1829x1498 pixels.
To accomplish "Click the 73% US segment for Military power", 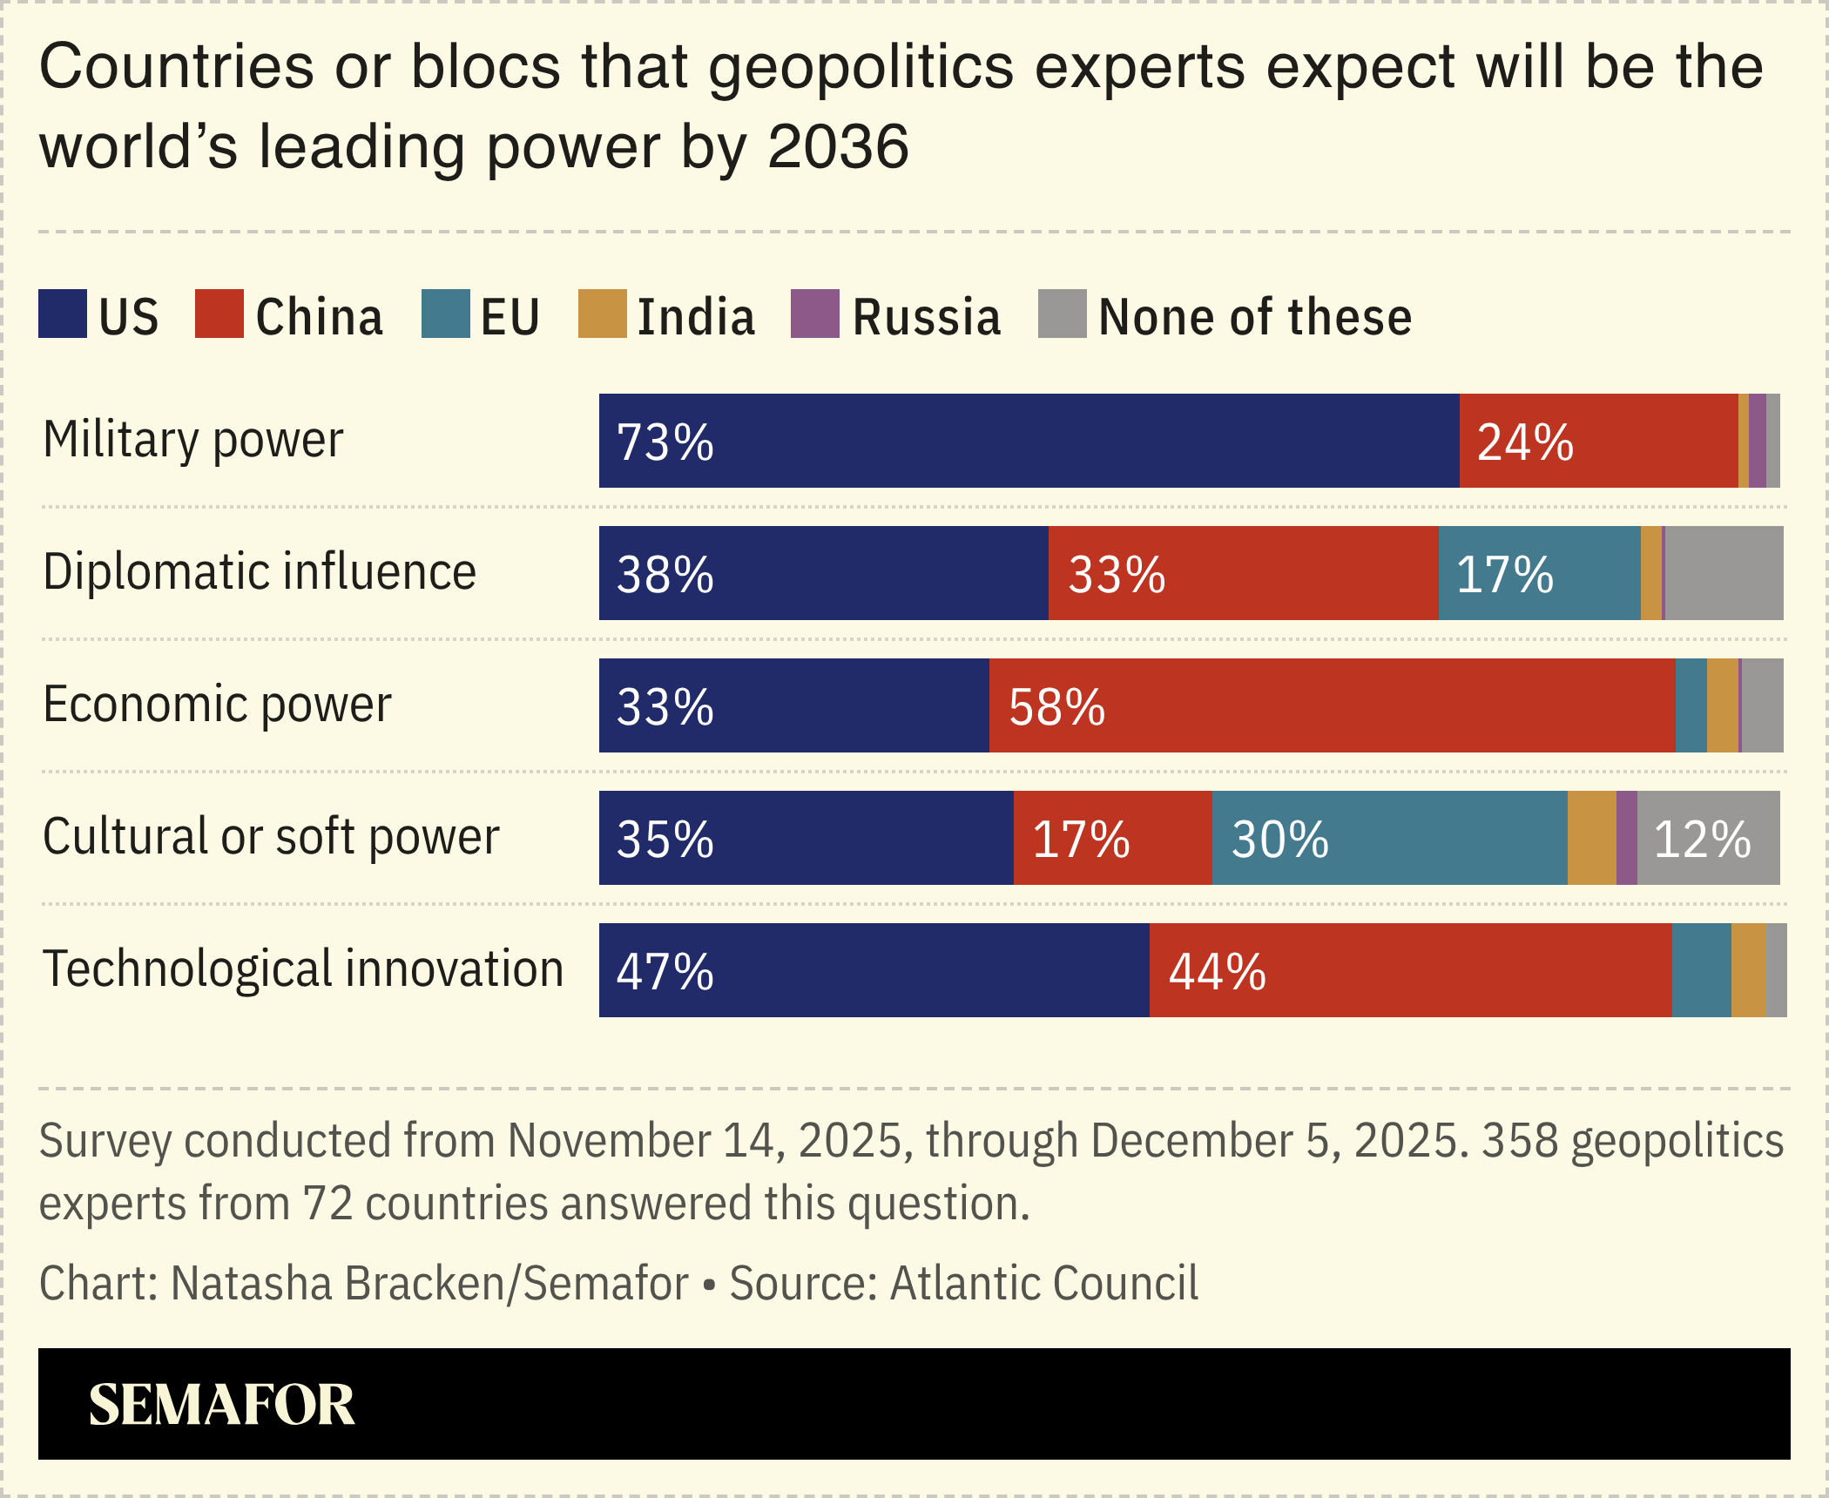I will click(1028, 441).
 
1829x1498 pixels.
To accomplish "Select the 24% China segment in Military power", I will click(1598, 441).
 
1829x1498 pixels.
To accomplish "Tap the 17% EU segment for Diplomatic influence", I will click(1539, 573).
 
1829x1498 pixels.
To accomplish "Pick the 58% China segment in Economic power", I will click(1332, 705).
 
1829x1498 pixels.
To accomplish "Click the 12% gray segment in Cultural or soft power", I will click(1707, 838).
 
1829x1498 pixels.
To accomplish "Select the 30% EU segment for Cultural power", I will click(1389, 838).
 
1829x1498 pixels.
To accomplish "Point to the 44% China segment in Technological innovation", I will click(1410, 970).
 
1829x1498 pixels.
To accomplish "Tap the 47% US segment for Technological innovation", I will click(874, 970).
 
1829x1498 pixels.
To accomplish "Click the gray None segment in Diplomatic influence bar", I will click(1724, 573).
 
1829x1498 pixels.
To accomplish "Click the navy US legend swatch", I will click(63, 314).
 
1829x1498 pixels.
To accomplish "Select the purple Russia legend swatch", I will click(814, 314).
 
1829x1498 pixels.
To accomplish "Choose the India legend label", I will click(696, 317).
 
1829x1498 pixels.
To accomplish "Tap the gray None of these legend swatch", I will click(1062, 314).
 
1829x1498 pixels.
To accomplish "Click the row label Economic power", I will click(217, 704).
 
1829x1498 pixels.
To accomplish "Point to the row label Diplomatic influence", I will click(260, 571).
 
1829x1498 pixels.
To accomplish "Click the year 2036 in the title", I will click(838, 146).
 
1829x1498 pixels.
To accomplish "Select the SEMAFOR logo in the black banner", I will click(221, 1404).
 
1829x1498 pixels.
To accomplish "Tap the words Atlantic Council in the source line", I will click(1043, 1283).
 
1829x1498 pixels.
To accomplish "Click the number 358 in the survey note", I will click(1519, 1140).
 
